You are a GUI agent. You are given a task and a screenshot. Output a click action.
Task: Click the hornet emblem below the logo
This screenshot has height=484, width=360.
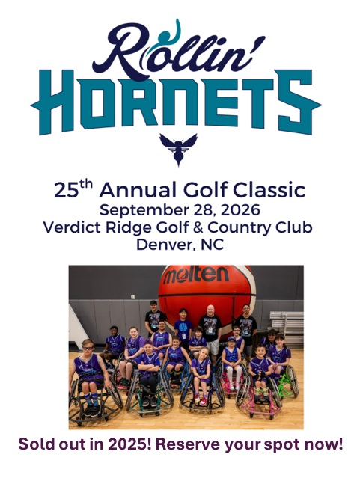click(178, 150)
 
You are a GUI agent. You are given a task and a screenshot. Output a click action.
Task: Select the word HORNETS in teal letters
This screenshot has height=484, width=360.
click(176, 102)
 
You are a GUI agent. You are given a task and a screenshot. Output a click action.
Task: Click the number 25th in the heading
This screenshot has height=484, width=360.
click(73, 189)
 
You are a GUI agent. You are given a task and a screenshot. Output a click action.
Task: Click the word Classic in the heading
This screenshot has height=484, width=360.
click(269, 190)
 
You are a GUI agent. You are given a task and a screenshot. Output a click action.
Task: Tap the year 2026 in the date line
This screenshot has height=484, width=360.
click(240, 210)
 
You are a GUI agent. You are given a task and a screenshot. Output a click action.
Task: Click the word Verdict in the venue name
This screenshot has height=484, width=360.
click(72, 227)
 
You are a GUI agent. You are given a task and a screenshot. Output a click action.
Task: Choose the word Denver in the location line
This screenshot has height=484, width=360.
click(165, 245)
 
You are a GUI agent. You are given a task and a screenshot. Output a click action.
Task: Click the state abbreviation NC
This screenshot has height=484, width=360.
click(213, 245)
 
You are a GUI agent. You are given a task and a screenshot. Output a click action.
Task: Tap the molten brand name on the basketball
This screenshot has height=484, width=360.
click(196, 275)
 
